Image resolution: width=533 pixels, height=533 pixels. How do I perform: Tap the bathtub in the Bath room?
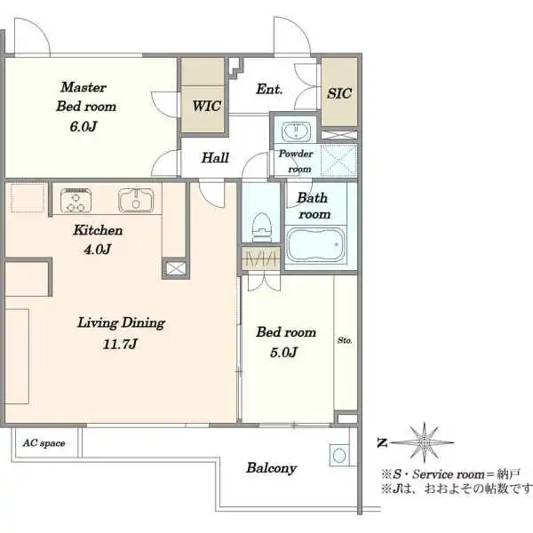pyautogui.click(x=315, y=245)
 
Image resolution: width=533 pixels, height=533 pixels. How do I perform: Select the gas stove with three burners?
pyautogui.click(x=76, y=200)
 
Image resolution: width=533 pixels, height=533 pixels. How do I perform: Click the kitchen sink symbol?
pyautogui.click(x=136, y=200)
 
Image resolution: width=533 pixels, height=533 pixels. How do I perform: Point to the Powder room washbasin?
pyautogui.click(x=296, y=131)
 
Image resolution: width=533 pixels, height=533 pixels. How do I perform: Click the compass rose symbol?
pyautogui.click(x=425, y=442)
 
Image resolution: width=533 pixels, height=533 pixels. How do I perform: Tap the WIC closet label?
pyautogui.click(x=207, y=106)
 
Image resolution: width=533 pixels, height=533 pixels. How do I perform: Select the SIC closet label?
pyautogui.click(x=339, y=93)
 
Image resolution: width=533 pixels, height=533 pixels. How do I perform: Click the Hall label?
pyautogui.click(x=215, y=158)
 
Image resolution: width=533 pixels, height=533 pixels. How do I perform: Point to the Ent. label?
pyautogui.click(x=269, y=89)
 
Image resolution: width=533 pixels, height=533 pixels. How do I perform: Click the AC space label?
pyautogui.click(x=44, y=443)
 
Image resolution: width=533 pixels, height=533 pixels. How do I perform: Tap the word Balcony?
pyautogui.click(x=271, y=468)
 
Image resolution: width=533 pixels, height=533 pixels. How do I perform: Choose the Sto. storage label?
pyautogui.click(x=345, y=340)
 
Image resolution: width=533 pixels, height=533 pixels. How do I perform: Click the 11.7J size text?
pyautogui.click(x=120, y=344)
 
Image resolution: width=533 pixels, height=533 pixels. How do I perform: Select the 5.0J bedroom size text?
pyautogui.click(x=284, y=352)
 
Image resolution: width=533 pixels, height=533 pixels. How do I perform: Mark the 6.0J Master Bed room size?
pyautogui.click(x=84, y=126)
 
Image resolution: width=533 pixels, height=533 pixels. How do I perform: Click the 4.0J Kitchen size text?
pyautogui.click(x=97, y=250)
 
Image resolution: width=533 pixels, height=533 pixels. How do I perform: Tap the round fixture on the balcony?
pyautogui.click(x=339, y=455)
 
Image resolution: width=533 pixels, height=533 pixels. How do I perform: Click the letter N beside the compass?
pyautogui.click(x=382, y=443)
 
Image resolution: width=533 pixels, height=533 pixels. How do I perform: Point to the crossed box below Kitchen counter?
pyautogui.click(x=176, y=268)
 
